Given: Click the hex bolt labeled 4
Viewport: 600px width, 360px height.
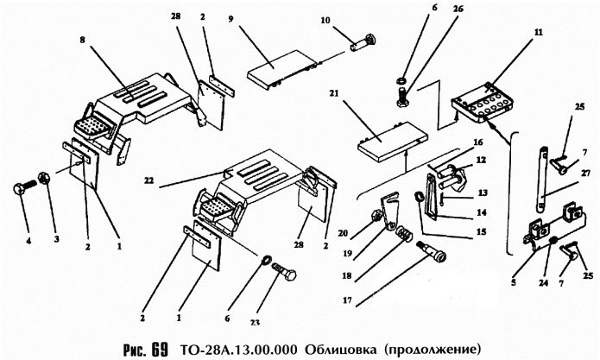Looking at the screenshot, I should pyautogui.click(x=23, y=190).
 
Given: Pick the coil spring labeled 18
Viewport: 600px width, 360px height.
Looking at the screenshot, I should pyautogui.click(x=403, y=235).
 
